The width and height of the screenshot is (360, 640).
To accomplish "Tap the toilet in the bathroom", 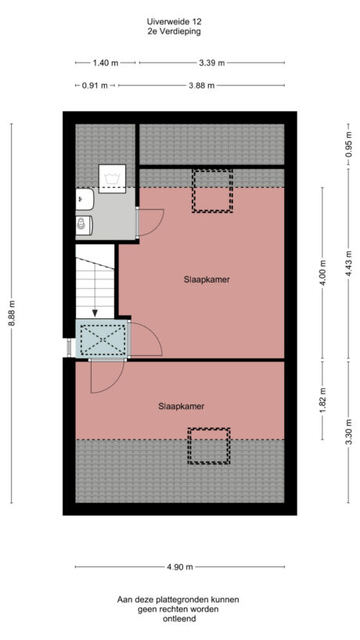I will (83, 225).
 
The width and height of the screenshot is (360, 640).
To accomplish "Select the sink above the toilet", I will (83, 201).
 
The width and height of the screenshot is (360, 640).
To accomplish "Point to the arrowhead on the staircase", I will (95, 314).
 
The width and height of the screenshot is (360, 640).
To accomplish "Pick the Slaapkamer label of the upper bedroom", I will (207, 279).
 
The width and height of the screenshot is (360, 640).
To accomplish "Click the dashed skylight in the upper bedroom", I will (213, 191).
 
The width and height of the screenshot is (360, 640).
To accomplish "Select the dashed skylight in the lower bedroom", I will (208, 445).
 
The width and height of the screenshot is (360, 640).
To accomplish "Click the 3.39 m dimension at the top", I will (211, 63).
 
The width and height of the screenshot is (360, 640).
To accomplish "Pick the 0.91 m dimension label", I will (95, 85).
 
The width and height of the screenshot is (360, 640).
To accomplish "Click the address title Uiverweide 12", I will (179, 22).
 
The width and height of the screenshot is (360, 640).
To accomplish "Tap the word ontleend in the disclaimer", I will (179, 619).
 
